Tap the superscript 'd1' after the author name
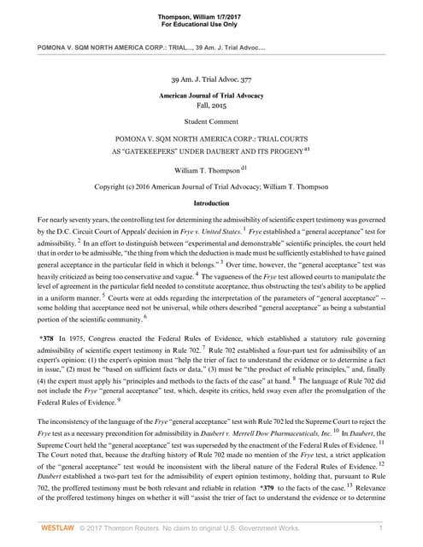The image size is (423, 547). coord(244,167)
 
